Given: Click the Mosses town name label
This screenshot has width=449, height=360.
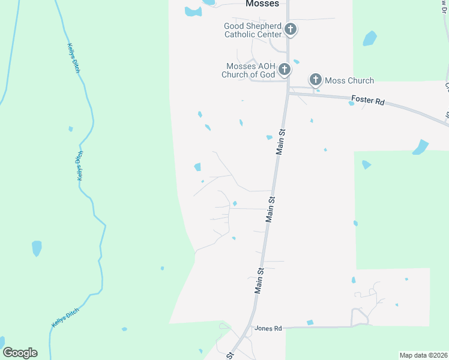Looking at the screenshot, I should [262, 4].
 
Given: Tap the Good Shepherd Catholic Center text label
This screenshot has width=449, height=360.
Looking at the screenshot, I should [253, 30].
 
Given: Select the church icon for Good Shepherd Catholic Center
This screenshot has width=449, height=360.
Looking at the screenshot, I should [291, 29].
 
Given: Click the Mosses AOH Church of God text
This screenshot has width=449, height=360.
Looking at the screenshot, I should [250, 70].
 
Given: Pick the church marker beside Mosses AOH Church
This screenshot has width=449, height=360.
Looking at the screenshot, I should [285, 70].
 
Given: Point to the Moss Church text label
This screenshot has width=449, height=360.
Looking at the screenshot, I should [349, 80].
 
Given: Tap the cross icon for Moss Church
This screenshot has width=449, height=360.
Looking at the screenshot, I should [316, 80].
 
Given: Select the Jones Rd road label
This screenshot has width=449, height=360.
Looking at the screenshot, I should [268, 328].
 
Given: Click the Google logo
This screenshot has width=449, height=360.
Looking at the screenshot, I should [20, 353].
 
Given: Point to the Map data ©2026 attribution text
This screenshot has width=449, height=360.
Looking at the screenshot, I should [423, 355].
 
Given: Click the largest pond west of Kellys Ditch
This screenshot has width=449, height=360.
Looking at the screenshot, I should [37, 247].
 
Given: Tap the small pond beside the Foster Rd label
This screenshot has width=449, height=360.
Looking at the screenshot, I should [352, 103].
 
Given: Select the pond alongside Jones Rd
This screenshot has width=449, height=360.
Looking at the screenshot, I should [310, 323].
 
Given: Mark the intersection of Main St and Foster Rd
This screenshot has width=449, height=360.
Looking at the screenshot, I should [288, 92].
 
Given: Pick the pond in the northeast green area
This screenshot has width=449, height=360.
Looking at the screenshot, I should [370, 38].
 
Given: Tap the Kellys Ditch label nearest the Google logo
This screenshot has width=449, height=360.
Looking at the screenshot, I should [65, 316].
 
